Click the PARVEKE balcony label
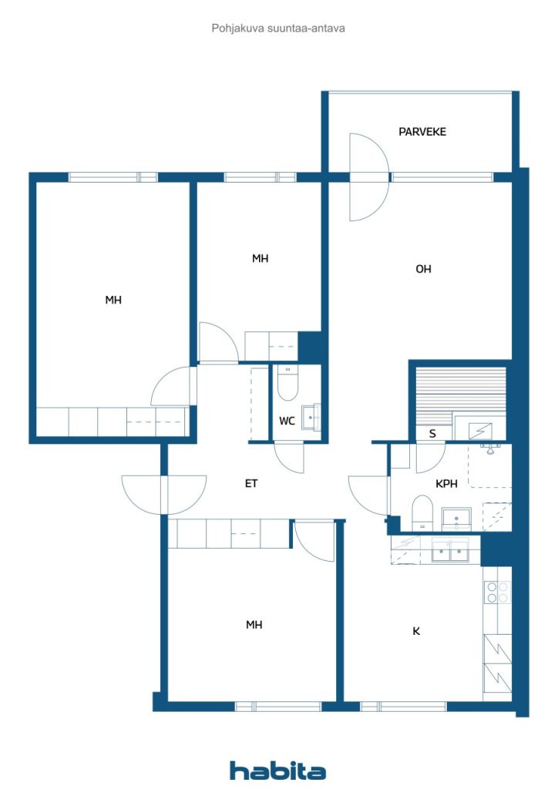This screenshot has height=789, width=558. pos(422,132)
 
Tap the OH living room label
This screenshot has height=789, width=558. pos(423,269)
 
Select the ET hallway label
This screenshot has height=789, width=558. pos(251,484)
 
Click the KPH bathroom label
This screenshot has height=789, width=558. pos(446,484)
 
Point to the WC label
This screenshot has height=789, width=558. pos(287,421)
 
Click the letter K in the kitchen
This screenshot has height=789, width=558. pos(416,631)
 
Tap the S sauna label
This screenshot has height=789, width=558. pos(432,433)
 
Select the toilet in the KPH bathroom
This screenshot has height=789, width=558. pos(422,512)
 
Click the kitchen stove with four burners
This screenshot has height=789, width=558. pos(497,593)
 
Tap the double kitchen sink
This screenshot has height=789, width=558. pos(450,551)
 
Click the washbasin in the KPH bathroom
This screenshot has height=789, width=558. pos(456,519)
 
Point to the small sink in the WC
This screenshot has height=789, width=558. pos(311,417)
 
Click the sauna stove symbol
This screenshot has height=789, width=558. pos(479,431)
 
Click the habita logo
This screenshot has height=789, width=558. pos(277,770)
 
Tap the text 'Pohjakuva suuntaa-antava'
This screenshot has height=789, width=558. pos(278,29)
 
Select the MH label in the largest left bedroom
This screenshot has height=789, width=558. pos(113,300)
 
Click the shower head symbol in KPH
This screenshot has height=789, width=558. pos(489,448)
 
